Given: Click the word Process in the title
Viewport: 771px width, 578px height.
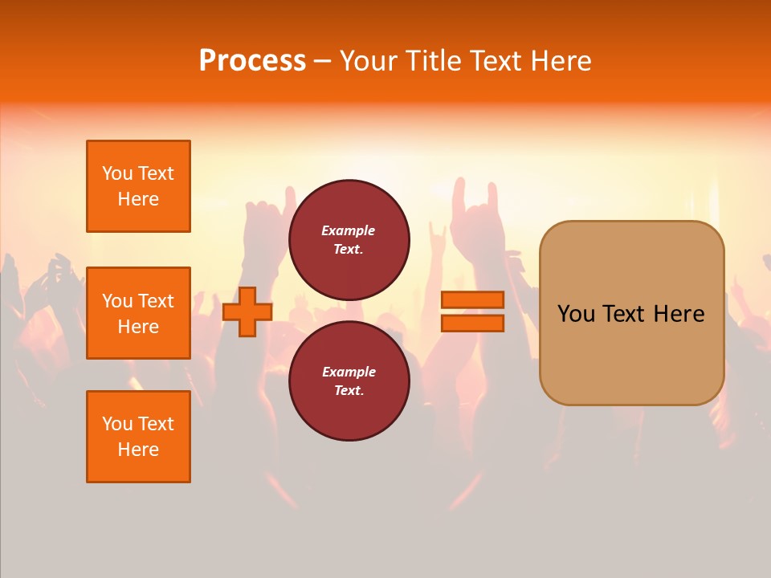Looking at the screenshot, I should (x=252, y=61).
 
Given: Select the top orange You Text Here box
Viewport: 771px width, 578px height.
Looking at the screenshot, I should (x=138, y=186).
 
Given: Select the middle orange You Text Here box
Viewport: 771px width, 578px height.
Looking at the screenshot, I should (x=138, y=313).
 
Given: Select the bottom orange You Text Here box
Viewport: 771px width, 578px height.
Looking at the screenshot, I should (x=138, y=437).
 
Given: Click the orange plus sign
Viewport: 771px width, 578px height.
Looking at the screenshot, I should (x=247, y=311).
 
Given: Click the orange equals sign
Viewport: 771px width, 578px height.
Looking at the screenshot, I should (x=472, y=311).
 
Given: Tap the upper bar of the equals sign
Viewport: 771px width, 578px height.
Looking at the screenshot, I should (x=472, y=300).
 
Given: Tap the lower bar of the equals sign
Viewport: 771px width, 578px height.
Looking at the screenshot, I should (x=472, y=324).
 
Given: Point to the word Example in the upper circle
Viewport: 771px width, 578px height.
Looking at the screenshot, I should (x=349, y=230).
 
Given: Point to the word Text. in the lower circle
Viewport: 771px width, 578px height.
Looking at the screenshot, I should (x=349, y=391).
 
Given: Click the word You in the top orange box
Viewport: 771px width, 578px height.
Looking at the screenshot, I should (x=117, y=173).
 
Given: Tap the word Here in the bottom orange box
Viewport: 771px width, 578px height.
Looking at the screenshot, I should (x=138, y=450).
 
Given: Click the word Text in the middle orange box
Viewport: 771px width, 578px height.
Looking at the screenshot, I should (x=156, y=301).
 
